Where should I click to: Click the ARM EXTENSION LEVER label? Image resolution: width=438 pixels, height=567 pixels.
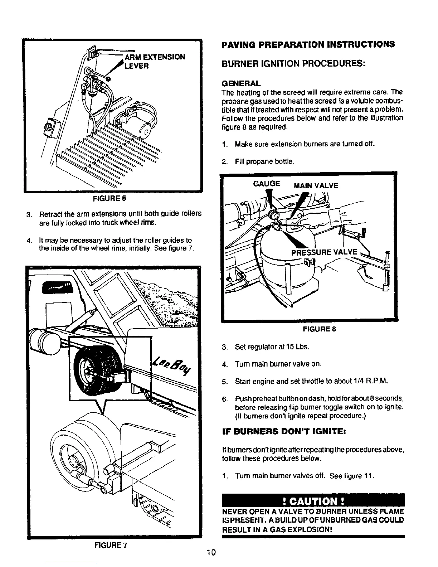click(154, 62)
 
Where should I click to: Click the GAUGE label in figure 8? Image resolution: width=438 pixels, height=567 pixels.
click(267, 184)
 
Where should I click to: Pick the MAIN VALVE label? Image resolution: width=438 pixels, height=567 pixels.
click(316, 186)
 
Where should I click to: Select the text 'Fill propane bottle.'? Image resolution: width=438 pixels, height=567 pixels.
click(264, 162)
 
